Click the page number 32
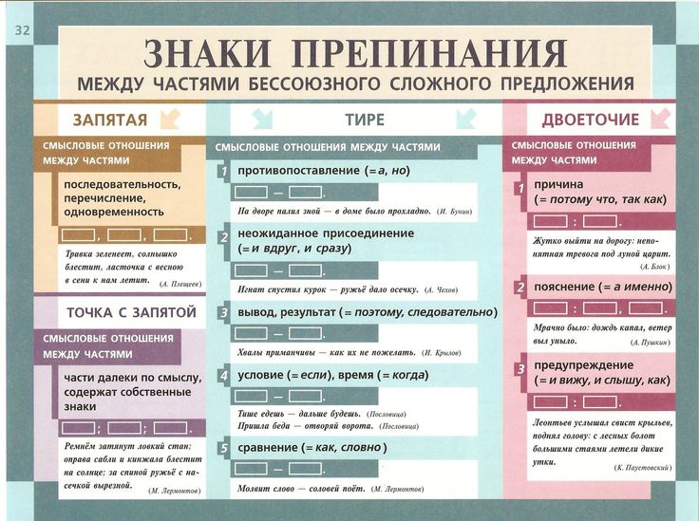(x=22, y=30)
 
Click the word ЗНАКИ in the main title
(x=207, y=53)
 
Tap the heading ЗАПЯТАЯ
(x=110, y=120)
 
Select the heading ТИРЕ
(x=365, y=120)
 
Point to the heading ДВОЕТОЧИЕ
(x=590, y=120)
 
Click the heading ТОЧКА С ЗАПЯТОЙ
(x=131, y=312)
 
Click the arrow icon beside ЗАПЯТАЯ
(x=170, y=120)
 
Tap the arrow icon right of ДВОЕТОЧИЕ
(x=660, y=120)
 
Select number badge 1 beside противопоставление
(x=224, y=172)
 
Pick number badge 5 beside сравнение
(x=224, y=448)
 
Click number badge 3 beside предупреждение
(x=520, y=369)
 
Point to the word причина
(x=558, y=184)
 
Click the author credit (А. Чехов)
(x=442, y=290)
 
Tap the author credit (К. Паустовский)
(x=642, y=468)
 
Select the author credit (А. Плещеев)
(x=180, y=284)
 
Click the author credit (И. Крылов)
(x=442, y=353)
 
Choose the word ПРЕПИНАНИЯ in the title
(x=429, y=53)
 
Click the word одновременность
(x=114, y=212)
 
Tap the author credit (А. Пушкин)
(x=650, y=343)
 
